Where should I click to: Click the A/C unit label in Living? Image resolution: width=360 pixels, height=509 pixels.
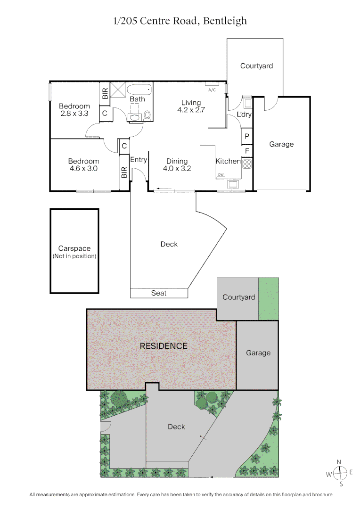tap(212, 89)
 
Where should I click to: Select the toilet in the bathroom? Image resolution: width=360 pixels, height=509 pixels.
tap(147, 115)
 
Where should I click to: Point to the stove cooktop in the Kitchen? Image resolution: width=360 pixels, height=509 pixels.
tap(247, 164)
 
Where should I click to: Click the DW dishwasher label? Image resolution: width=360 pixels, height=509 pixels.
tap(221, 175)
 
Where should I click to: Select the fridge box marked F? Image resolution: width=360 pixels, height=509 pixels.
tap(247, 151)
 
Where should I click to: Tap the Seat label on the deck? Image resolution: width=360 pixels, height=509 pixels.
tap(159, 293)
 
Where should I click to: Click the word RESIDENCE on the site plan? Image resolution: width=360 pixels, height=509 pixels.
tap(164, 346)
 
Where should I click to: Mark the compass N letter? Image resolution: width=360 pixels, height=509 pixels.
tap(339, 462)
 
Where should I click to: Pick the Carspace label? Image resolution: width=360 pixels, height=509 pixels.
tap(74, 248)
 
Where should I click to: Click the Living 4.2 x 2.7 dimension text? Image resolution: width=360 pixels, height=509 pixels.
tap(191, 110)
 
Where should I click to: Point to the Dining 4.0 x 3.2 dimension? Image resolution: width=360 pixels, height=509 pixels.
tap(177, 168)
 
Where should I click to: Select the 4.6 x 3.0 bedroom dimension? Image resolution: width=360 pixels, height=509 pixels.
tap(83, 168)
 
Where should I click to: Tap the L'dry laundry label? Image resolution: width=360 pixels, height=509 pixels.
tap(244, 115)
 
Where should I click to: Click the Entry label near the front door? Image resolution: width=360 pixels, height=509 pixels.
tap(139, 160)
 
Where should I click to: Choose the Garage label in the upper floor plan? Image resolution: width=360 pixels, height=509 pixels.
tap(281, 144)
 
